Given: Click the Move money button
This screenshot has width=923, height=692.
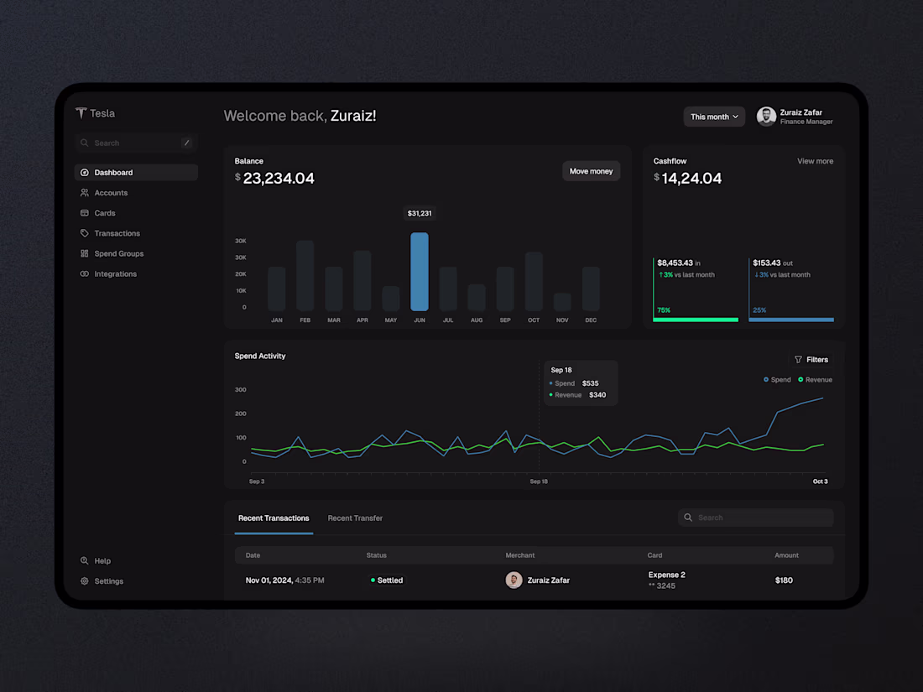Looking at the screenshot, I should (591, 171).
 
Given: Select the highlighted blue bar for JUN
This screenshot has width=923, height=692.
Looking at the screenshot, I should (420, 272).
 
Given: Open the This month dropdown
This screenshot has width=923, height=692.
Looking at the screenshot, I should (714, 117).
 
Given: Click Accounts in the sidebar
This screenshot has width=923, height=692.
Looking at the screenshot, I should (111, 193).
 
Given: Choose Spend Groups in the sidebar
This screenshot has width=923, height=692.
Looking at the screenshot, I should (118, 253).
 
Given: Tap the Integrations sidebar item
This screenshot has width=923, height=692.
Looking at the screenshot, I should (115, 274).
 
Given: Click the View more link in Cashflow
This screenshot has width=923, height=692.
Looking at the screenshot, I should (815, 161).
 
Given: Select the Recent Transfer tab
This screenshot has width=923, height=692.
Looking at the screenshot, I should (355, 518).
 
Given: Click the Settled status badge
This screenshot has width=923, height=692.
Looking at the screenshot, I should (387, 580).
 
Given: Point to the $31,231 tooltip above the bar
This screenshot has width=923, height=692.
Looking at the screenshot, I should (420, 214).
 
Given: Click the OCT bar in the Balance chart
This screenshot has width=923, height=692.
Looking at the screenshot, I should (534, 282).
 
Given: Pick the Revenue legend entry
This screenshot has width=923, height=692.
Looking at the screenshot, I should (815, 380).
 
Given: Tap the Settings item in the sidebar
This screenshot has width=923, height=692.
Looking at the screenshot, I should (108, 581).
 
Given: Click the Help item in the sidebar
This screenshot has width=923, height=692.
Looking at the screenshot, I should (102, 561).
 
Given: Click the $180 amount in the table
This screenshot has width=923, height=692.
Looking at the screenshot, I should (784, 580).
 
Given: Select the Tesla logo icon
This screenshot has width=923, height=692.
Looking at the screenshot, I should (81, 113).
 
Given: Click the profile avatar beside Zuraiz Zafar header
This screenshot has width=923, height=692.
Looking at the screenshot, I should (766, 117).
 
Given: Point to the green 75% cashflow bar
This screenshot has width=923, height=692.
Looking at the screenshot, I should (696, 319).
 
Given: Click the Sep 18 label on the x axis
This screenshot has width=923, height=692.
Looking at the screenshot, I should (539, 481).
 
